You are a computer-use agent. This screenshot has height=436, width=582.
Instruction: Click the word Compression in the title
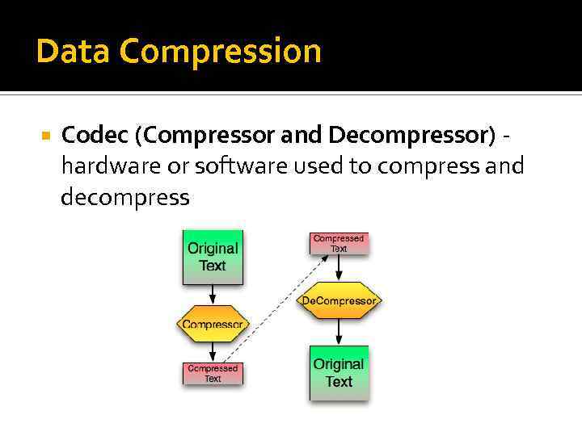220,52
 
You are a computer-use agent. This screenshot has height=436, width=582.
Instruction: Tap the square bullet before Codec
45,135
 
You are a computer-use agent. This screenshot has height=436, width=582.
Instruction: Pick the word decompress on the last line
125,197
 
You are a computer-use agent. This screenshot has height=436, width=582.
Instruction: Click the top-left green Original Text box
213,258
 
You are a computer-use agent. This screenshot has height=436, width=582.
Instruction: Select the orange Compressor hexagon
212,325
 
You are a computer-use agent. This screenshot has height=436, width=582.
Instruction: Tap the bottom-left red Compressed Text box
213,373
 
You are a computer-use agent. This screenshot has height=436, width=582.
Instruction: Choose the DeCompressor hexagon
339,301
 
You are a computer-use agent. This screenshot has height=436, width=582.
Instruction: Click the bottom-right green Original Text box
339,373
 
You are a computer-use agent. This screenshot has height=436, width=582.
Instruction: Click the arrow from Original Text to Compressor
213,296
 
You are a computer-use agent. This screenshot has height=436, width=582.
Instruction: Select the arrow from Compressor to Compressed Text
213,352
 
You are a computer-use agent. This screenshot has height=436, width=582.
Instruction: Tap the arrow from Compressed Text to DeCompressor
339,269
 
